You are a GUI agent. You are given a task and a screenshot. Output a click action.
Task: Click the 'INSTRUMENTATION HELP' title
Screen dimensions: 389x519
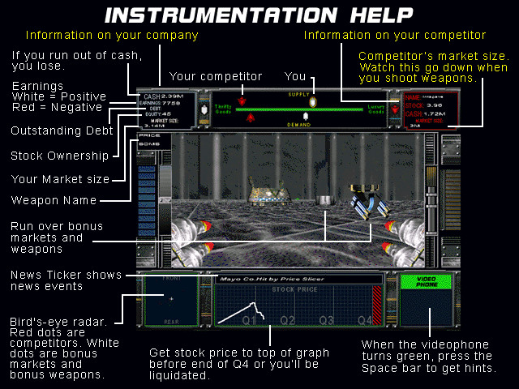(259, 15)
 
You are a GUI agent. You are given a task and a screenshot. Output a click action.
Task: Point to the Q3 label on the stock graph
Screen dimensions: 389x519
(327, 320)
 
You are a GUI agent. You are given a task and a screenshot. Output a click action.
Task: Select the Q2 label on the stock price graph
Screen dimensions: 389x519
(288, 320)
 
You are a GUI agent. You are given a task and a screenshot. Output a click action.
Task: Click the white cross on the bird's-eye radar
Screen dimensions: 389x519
(170, 298)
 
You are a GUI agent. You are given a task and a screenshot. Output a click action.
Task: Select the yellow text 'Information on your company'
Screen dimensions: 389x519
(112, 36)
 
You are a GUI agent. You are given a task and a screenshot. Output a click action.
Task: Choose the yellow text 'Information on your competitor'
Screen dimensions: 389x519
(394, 36)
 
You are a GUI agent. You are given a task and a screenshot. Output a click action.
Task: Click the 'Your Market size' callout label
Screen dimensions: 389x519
(58, 178)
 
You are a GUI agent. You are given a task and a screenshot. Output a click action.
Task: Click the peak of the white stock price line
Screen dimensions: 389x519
(258, 303)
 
